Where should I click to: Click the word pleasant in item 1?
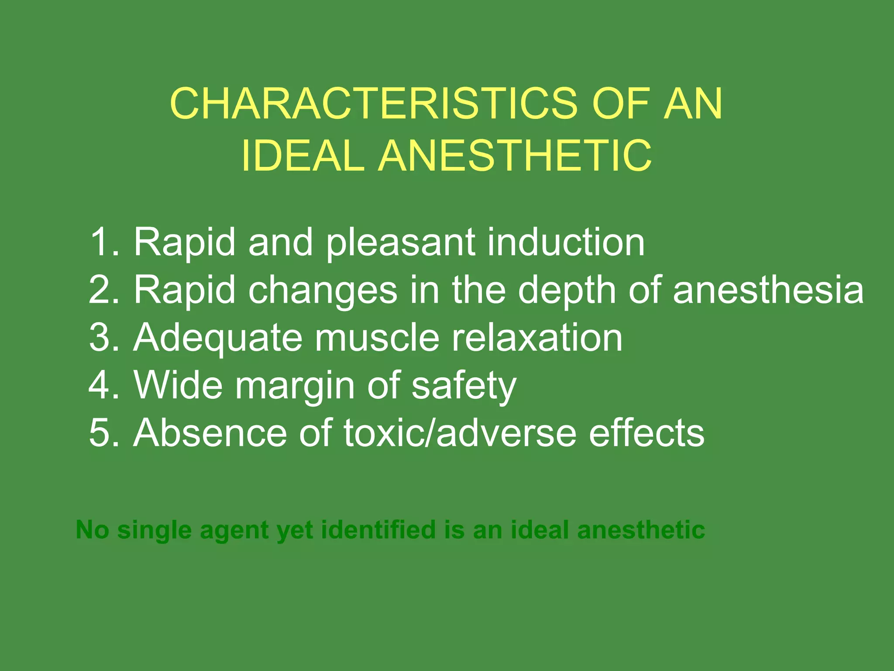401,243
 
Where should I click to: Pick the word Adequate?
218,338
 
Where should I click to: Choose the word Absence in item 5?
210,433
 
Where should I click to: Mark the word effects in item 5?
646,433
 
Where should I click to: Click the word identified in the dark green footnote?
378,530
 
